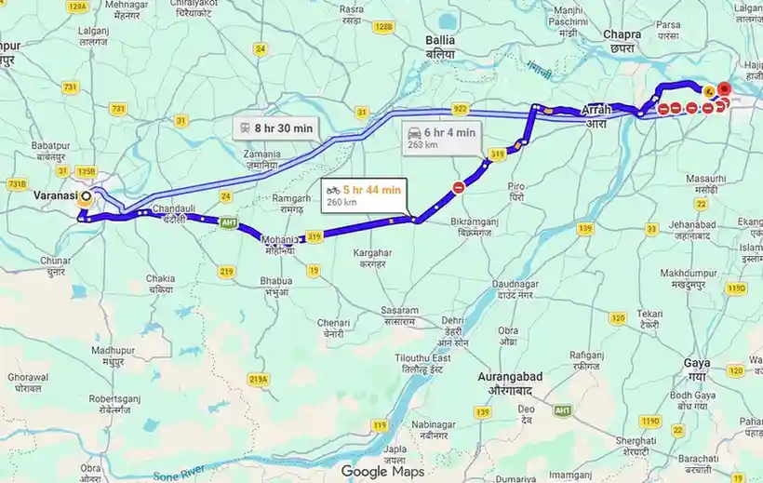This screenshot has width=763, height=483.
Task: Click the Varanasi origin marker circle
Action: point(87,196)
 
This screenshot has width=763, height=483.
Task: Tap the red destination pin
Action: point(725,90)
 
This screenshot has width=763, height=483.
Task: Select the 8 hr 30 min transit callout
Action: point(276,127)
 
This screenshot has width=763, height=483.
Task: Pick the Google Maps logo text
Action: point(382,471)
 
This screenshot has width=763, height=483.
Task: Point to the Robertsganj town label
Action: point(113,403)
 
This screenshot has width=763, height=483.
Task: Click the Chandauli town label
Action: point(174,212)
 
